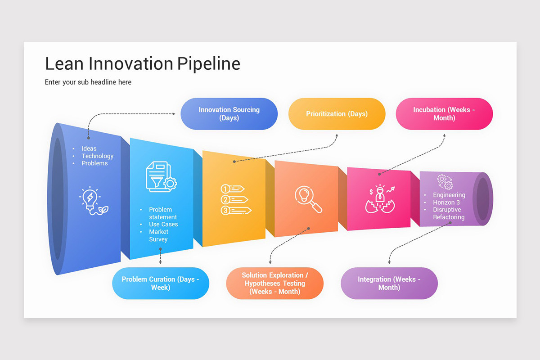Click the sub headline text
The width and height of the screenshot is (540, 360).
point(88,82)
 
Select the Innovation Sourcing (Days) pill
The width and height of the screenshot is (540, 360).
point(229,114)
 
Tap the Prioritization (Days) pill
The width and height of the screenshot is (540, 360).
point(337,114)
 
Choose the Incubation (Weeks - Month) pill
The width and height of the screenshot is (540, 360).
point(444,114)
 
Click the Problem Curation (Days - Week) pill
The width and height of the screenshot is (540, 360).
point(160,283)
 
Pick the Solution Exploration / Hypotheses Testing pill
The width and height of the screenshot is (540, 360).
point(274,283)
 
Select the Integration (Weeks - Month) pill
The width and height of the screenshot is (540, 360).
point(389,283)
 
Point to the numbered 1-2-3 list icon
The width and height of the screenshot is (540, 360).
point(235,199)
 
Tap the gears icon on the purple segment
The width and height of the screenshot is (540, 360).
point(445,182)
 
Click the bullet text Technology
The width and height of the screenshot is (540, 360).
point(97,156)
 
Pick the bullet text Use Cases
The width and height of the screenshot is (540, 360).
point(163,224)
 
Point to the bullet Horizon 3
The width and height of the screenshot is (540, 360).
point(446,202)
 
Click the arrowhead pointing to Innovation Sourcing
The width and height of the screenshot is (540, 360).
point(174,114)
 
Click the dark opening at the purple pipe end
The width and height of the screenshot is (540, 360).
point(483,198)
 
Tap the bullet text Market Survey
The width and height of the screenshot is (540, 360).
point(158,235)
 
